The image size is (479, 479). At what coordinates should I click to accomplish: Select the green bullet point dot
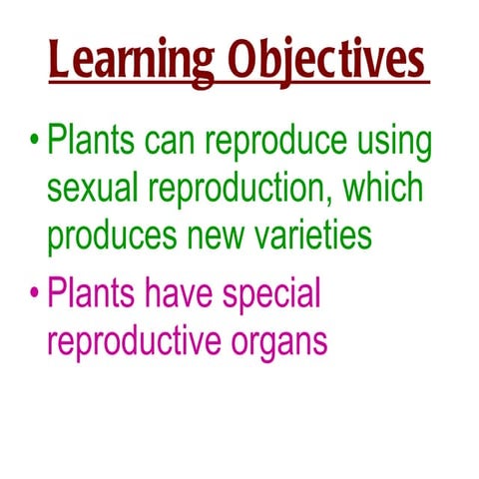click(33, 140)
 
